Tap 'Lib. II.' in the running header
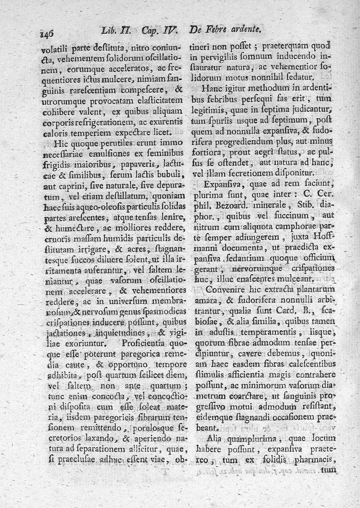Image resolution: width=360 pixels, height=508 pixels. point(116,32)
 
